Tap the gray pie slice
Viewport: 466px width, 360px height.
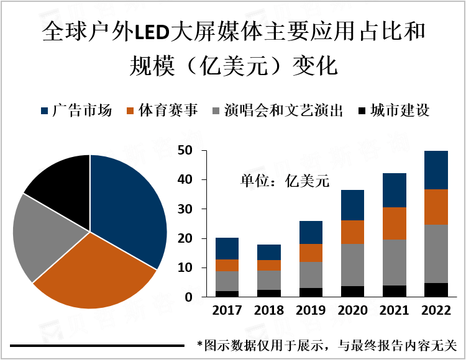pos(47,236)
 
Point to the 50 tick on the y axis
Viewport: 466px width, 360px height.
pos(185,150)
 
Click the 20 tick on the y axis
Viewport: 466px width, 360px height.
pos(185,238)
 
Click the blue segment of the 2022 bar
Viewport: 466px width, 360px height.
pos(436,169)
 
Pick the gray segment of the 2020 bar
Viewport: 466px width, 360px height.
pos(352,265)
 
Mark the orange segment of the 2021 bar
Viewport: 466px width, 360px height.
pos(395,223)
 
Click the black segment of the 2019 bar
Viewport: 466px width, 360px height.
pos(311,292)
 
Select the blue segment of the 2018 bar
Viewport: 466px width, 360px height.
pos(268,252)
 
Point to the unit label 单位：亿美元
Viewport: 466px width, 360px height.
pos(284,181)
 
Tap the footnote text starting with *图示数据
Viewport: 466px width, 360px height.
pos(326,344)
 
